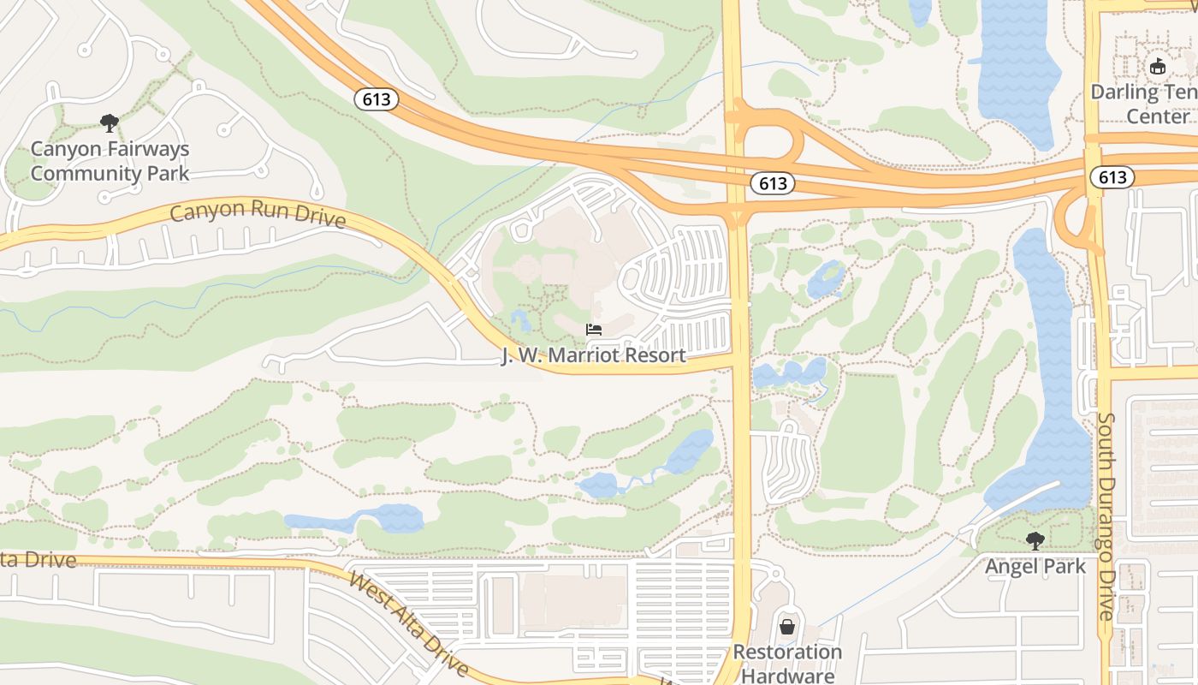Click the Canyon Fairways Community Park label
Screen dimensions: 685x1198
point(110,161)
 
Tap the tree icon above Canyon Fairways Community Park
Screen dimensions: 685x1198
point(109,123)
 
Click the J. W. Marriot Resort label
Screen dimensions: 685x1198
point(593,355)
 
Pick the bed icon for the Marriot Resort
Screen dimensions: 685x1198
point(593,330)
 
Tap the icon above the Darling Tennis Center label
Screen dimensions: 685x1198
point(1158,66)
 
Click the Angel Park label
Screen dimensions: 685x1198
point(1035,566)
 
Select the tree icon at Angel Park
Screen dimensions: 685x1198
point(1035,541)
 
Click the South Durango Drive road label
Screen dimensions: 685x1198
point(1106,516)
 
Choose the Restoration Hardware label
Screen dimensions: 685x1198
point(787,664)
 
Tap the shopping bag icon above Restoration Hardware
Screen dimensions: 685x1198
point(787,627)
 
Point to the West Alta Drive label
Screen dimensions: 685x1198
point(408,622)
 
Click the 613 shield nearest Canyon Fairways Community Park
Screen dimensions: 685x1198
point(377,99)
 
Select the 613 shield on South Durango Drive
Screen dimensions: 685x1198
point(1112,176)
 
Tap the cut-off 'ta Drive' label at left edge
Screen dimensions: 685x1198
point(39,561)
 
